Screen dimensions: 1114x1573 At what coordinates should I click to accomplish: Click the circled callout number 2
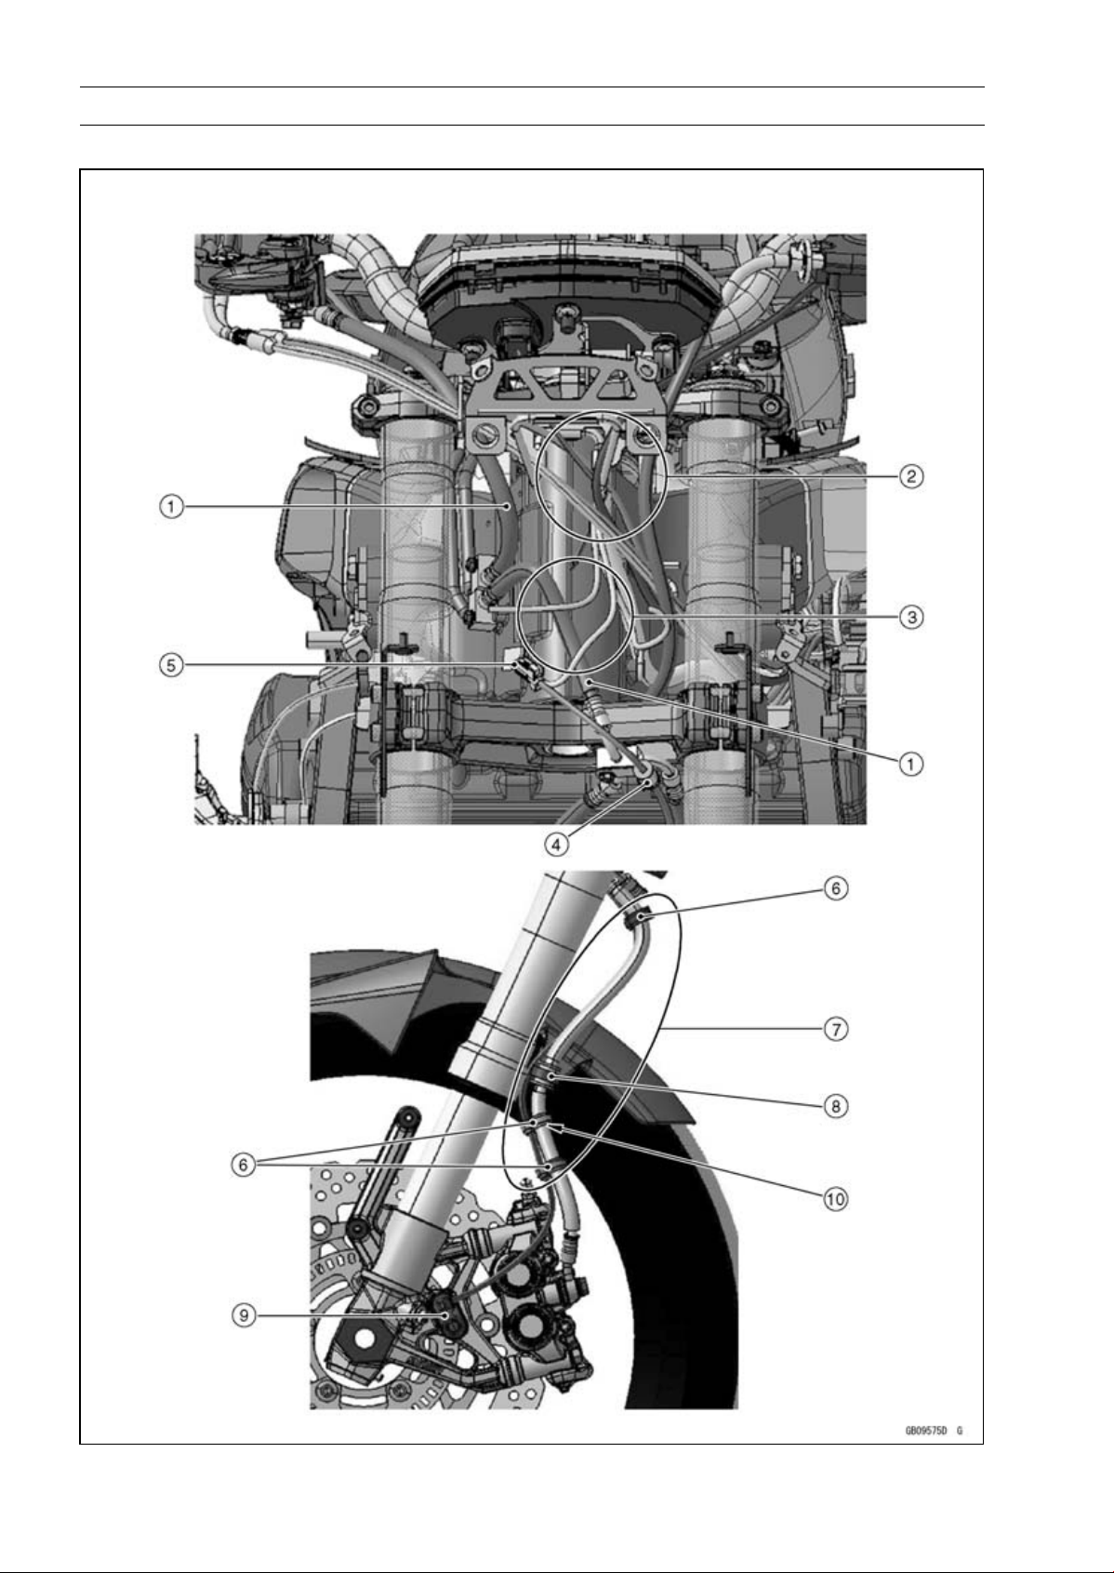[910, 477]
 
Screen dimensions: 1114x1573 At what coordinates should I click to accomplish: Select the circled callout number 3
[910, 618]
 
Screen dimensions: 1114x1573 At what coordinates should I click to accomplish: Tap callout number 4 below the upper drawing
[556, 845]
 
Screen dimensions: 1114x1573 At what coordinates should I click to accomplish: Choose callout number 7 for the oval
[835, 1030]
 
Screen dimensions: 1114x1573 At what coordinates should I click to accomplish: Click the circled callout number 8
[835, 1106]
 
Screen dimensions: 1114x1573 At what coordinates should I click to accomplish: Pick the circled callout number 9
[244, 1315]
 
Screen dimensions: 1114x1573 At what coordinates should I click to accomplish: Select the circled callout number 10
[835, 1198]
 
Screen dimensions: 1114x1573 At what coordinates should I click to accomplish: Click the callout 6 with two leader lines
[243, 1165]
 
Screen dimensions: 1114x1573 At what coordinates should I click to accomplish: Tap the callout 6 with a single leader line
[835, 888]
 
